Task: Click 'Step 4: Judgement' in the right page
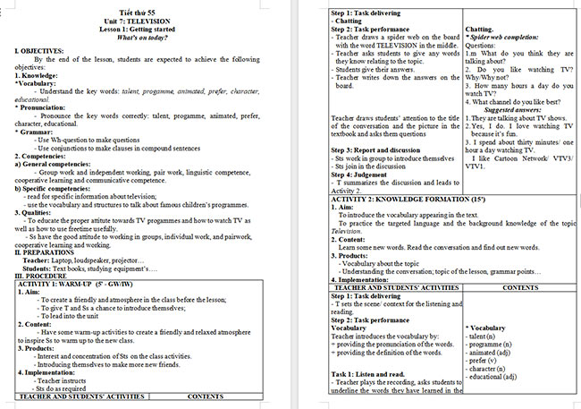(x=366, y=175)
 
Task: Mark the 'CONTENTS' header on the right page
(x=520, y=287)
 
